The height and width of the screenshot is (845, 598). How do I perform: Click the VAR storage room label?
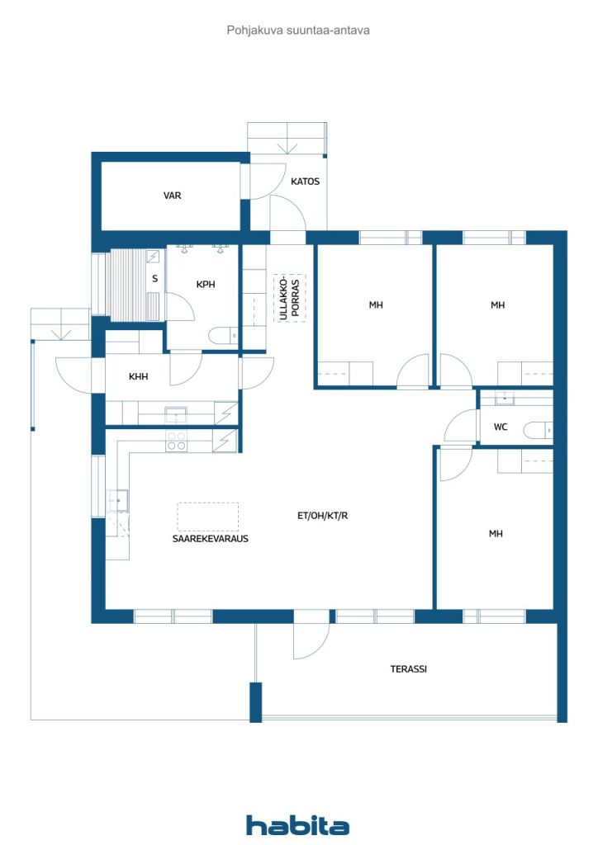[172, 196]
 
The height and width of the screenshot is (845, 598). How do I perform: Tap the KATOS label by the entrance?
[305, 182]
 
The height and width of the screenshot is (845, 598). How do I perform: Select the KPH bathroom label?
[206, 284]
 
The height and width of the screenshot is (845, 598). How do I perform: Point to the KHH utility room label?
[138, 376]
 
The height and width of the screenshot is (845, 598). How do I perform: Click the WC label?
[501, 427]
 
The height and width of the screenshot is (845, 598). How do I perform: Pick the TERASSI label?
[408, 668]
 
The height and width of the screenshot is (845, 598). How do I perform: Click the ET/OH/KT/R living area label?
[322, 516]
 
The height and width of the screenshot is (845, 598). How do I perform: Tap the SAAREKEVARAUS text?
[211, 538]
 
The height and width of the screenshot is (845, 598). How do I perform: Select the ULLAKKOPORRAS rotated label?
[290, 299]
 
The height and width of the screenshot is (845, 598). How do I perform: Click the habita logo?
[297, 825]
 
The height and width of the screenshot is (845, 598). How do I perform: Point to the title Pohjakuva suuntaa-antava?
[298, 31]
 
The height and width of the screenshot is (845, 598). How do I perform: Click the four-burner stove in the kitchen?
[176, 441]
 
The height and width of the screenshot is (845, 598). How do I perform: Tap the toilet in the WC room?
[539, 431]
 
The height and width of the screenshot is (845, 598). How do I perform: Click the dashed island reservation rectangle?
[208, 517]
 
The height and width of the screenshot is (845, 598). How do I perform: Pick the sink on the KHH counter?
[176, 415]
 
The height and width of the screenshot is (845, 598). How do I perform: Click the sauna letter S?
[155, 279]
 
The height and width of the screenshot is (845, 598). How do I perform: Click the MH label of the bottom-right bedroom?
[496, 534]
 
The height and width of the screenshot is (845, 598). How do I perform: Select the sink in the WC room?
[505, 399]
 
